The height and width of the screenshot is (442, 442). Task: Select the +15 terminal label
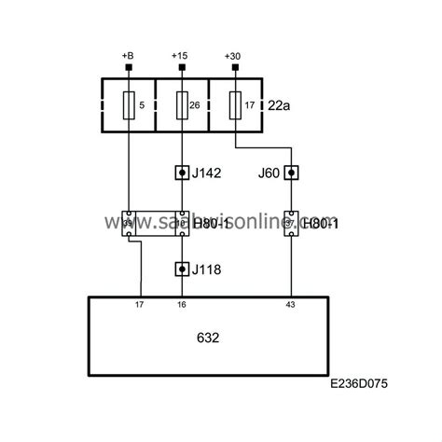tap(181, 55)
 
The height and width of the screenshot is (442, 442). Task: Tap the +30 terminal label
tap(234, 55)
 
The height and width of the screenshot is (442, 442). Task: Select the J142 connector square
tap(181, 173)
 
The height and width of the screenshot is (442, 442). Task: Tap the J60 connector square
tap(291, 173)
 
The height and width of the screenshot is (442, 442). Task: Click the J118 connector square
tap(181, 269)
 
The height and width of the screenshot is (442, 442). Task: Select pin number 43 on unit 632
tap(291, 304)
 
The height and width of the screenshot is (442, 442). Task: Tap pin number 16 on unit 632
tap(181, 304)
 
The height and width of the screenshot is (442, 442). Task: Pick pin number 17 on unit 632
tap(140, 304)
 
